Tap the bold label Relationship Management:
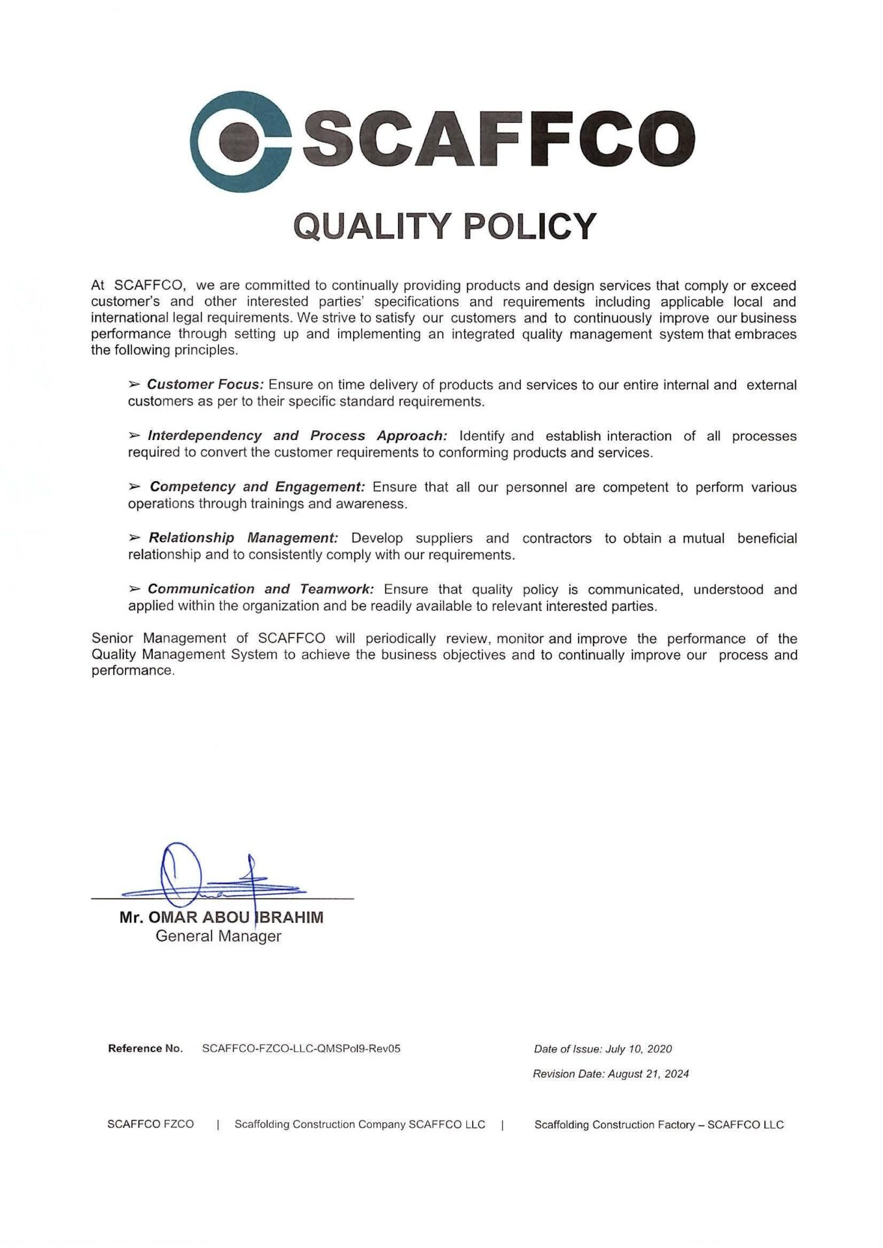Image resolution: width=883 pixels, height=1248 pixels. click(243, 538)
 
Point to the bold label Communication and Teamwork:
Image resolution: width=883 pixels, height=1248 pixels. click(261, 590)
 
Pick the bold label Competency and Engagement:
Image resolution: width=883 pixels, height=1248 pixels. click(257, 487)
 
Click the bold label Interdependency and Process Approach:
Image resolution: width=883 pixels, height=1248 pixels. click(297, 435)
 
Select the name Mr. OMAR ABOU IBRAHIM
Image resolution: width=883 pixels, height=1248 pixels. click(221, 917)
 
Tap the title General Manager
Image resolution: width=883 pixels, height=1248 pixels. click(218, 936)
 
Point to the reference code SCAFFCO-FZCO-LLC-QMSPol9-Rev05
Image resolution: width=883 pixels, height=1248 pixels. click(301, 1048)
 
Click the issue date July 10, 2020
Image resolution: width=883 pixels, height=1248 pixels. click(639, 1049)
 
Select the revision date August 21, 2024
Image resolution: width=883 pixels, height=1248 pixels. click(648, 1074)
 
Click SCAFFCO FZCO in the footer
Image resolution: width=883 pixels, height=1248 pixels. click(150, 1124)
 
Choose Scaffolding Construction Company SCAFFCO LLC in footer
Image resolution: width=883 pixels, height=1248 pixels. click(360, 1124)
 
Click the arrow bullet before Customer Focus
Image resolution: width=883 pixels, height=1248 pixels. click(135, 385)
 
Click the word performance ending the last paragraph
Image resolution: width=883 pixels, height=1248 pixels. click(133, 671)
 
